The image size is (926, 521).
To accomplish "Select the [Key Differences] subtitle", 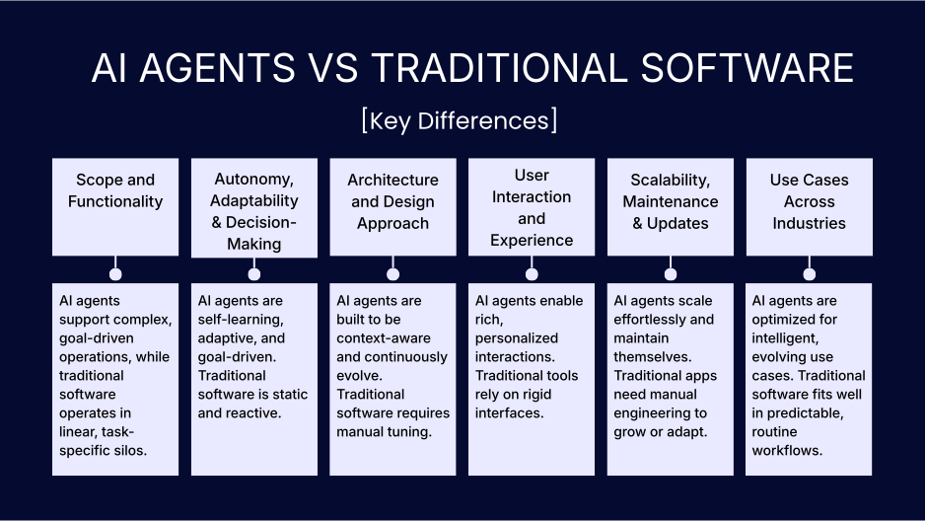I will pyautogui.click(x=460, y=120).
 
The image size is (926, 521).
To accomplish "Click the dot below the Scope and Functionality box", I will pyautogui.click(x=115, y=274).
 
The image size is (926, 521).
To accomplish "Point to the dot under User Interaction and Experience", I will pyautogui.click(x=532, y=274).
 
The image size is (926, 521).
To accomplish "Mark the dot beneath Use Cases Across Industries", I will pyautogui.click(x=810, y=274).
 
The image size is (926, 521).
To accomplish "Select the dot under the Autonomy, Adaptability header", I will pyautogui.click(x=254, y=274).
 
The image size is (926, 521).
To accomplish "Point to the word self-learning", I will pyautogui.click(x=240, y=319).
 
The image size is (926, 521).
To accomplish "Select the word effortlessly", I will pyautogui.click(x=647, y=319).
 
